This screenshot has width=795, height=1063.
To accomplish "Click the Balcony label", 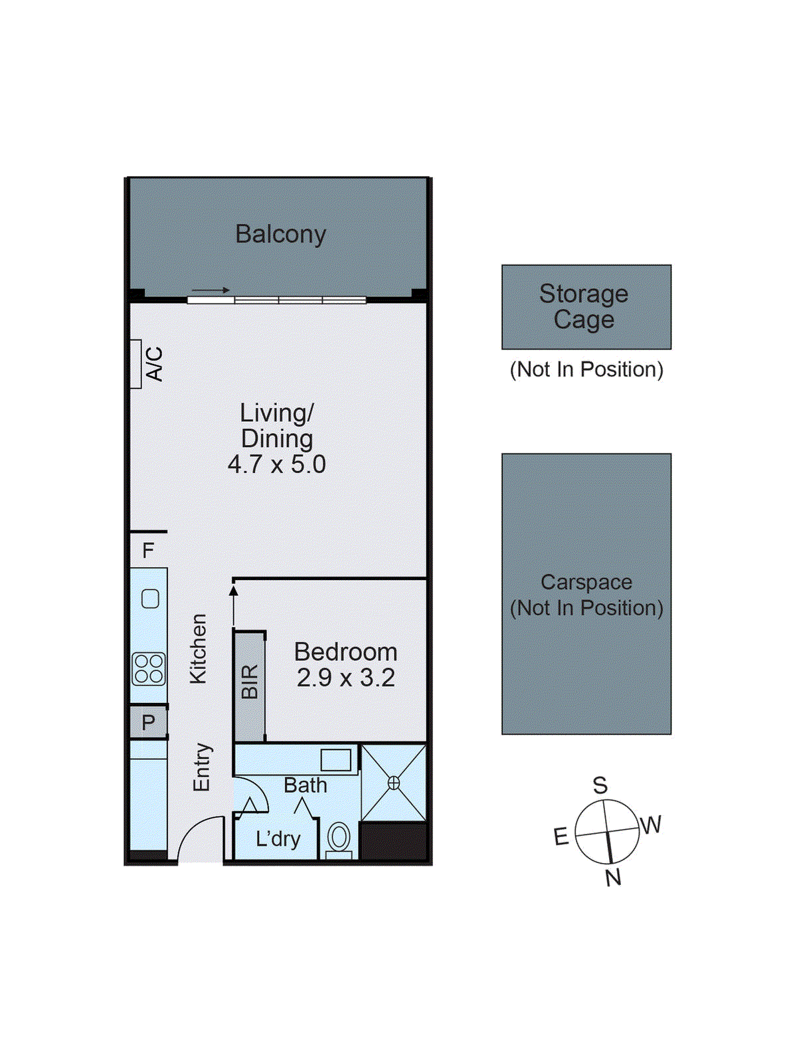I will pyautogui.click(x=280, y=234).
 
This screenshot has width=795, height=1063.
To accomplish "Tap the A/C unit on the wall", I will pyautogui.click(x=136, y=363).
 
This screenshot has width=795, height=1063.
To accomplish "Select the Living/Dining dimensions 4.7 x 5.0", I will pyautogui.click(x=276, y=464).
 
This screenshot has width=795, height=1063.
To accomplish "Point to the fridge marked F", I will pyautogui.click(x=148, y=550).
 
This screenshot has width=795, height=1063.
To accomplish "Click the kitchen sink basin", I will pyautogui.click(x=150, y=599).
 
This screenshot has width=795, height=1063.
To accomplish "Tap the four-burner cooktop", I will pyautogui.click(x=149, y=669).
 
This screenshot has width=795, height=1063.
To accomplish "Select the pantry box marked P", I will pyautogui.click(x=148, y=722).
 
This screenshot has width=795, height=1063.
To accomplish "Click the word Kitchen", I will pyautogui.click(x=199, y=648).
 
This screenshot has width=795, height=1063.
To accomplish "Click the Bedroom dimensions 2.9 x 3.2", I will pyautogui.click(x=345, y=678).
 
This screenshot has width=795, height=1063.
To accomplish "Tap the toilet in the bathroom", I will pyautogui.click(x=339, y=838).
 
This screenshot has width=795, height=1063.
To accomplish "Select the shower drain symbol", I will pyautogui.click(x=394, y=783).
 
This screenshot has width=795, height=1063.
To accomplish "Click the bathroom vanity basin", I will pyautogui.click(x=335, y=760).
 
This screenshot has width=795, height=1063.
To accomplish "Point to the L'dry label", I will pyautogui.click(x=278, y=839).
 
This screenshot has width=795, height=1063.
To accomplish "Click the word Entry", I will pyautogui.click(x=201, y=767).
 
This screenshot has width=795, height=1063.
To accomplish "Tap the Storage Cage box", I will pyautogui.click(x=586, y=307).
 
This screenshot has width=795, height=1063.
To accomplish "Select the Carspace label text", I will pyautogui.click(x=586, y=582).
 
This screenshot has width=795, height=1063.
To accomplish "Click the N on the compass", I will pyautogui.click(x=613, y=878).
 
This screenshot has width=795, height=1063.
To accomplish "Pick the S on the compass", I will pyautogui.click(x=600, y=785).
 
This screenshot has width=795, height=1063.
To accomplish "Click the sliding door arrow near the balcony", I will pyautogui.click(x=211, y=290).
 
